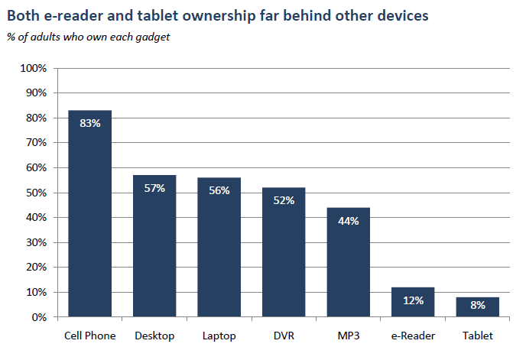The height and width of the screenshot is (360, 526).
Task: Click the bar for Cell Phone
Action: pyautogui.click(x=90, y=213)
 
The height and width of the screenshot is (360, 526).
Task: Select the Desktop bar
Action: pyautogui.click(x=154, y=245)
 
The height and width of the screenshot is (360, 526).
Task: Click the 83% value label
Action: pyautogui.click(x=90, y=123)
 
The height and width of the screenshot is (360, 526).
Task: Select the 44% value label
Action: pyautogui.click(x=349, y=220)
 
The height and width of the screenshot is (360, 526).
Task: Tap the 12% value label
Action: pyautogui.click(x=413, y=300)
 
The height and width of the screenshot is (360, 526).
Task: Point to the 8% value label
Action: pyautogui.click(x=478, y=305)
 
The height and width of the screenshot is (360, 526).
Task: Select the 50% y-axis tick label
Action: pyautogui.click(x=35, y=193)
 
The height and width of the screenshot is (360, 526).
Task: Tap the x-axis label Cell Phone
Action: pyautogui.click(x=90, y=336)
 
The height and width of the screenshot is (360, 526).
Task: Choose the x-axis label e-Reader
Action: pyautogui.click(x=413, y=336)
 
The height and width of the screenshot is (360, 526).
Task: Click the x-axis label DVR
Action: pyautogui.click(x=284, y=336)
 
